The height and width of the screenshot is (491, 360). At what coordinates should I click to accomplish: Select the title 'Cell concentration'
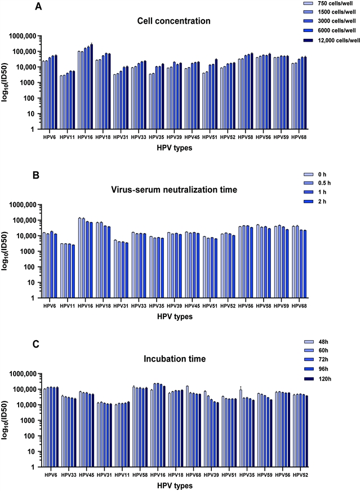click(x=174, y=21)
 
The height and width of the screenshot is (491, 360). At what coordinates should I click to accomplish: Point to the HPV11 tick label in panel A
click(x=68, y=136)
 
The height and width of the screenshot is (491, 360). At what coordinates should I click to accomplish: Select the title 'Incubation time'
click(x=174, y=358)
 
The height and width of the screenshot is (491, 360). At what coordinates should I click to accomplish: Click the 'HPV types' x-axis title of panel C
click(x=174, y=485)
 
